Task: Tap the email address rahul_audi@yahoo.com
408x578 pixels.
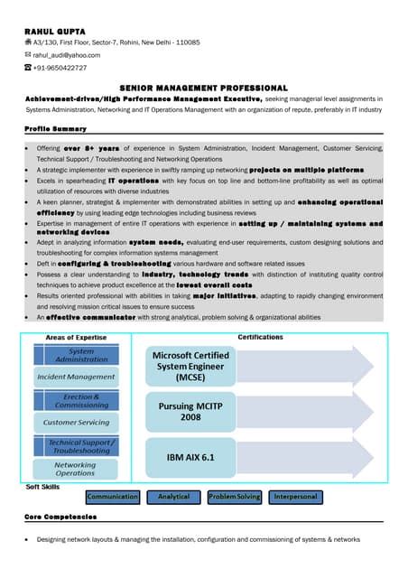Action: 67,55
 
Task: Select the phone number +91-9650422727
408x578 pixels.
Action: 60,68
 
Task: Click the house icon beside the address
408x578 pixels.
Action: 28,42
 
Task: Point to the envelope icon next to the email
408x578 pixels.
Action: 28,55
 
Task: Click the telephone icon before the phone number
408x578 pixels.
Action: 28,68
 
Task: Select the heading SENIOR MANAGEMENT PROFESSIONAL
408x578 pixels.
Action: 203,87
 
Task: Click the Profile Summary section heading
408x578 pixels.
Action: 56,129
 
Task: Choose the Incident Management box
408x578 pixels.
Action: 76,377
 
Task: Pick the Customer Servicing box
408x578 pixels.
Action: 76,422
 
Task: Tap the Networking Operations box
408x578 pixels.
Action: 76,468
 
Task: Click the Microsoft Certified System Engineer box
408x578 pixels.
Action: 190,366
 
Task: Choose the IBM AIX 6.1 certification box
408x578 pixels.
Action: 190,458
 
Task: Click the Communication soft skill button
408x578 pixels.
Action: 113,497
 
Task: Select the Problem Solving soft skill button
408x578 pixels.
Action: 234,497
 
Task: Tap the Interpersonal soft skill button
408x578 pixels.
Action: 295,497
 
